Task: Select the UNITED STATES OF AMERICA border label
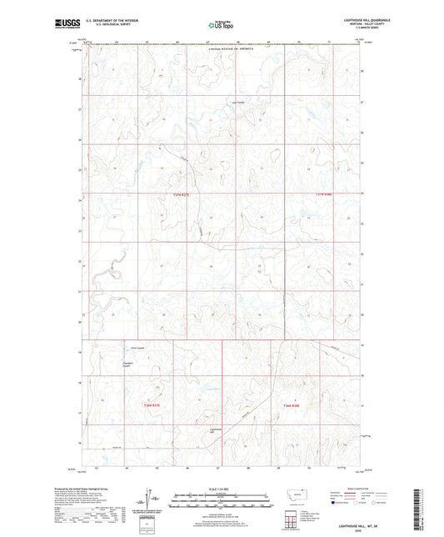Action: pos(221,50)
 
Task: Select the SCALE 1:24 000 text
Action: pos(222,489)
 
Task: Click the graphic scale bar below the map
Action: pos(222,503)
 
